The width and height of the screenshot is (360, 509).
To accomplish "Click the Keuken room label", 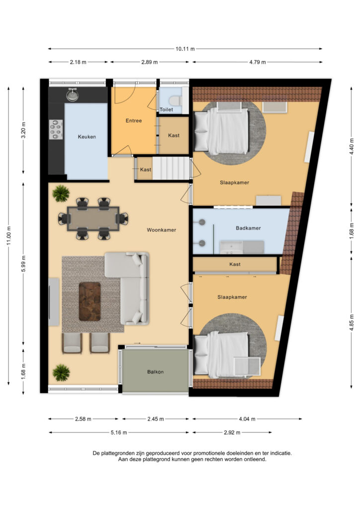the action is coord(87,137).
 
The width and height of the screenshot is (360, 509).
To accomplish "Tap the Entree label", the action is coord(134,120).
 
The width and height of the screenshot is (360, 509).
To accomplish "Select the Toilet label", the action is coord(166,109).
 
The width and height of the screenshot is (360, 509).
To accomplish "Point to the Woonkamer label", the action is coord(161,230).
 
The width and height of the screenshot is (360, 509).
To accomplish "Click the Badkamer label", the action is coord(248,228).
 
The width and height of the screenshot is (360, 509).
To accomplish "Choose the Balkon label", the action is coord(155,372).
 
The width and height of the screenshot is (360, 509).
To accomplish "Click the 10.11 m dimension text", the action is coord(185,49).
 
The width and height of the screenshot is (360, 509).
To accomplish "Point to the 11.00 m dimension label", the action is coord(9,236).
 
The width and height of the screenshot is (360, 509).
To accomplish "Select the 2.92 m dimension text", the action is coord(232,432).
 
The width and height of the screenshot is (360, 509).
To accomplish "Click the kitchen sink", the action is coord(73,94).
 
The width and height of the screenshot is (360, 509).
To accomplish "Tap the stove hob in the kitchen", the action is coord(56,130).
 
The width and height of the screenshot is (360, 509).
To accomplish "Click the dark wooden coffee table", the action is coord(90,302).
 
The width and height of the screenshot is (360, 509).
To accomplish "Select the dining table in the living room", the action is coord(93,219).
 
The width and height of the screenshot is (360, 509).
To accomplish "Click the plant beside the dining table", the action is coord(61,193).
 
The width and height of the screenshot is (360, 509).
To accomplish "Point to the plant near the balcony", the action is coord(61,372).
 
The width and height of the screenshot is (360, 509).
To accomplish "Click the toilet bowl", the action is coord(176,100).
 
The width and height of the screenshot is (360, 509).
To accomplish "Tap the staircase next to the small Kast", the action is coord(171,168).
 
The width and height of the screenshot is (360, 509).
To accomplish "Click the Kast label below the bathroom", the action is coord(235,264).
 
